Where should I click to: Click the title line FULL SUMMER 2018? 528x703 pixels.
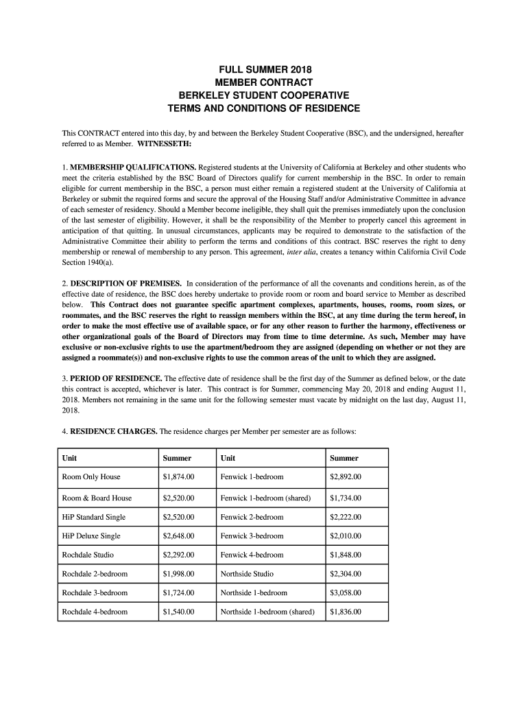(264, 70)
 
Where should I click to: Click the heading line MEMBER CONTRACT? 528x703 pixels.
(264, 83)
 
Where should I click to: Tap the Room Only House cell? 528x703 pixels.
(91, 477)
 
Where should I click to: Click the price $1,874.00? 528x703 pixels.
(179, 477)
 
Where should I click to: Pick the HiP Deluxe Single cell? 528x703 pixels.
(91, 535)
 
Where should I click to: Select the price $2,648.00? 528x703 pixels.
(179, 535)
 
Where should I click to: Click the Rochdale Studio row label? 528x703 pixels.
(88, 555)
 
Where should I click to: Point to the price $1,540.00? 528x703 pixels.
(179, 612)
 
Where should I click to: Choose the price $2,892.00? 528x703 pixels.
(346, 477)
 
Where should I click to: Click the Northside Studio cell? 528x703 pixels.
(247, 574)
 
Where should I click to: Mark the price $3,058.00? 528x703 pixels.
(346, 592)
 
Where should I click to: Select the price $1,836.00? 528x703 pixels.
(346, 612)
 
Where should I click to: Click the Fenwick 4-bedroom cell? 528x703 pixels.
(252, 555)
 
